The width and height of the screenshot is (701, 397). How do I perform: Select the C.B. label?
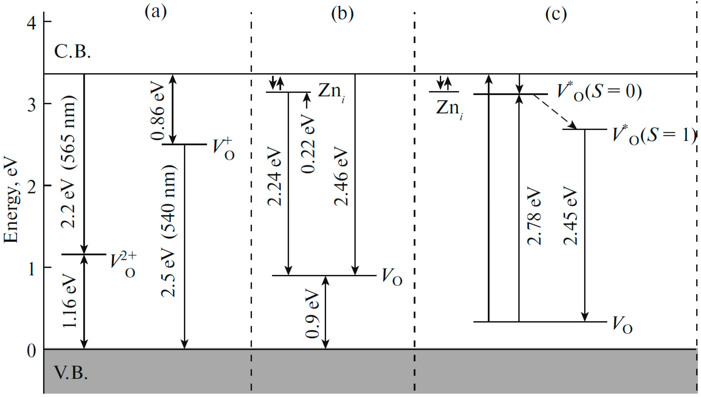tap(72, 51)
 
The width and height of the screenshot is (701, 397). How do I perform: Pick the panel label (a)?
tap(155, 13)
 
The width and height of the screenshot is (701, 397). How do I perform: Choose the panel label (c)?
tap(556, 14)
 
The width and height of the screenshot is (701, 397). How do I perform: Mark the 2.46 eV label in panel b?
tap(341, 177)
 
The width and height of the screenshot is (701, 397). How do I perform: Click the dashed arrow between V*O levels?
tap(555, 112)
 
